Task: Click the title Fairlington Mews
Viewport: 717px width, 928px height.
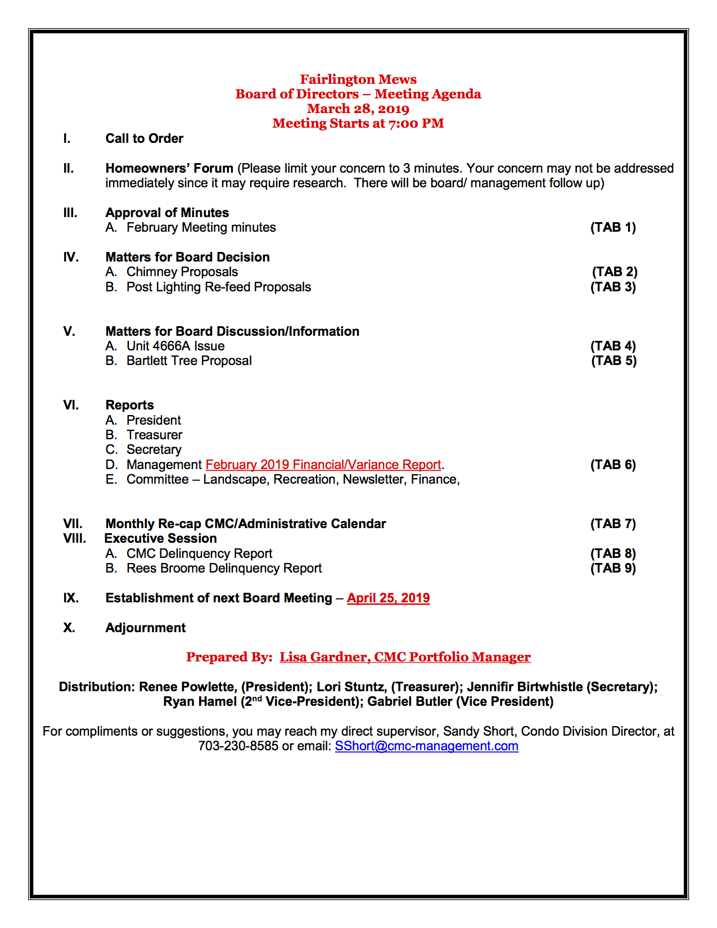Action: (x=358, y=79)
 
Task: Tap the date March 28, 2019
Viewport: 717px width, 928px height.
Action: (x=358, y=109)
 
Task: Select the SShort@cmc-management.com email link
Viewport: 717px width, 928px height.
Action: (x=426, y=746)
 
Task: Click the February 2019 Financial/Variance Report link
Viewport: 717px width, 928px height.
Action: (x=323, y=465)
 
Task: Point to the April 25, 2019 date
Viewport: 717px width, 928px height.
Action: (x=388, y=598)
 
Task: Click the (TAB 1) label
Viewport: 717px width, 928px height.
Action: (x=613, y=227)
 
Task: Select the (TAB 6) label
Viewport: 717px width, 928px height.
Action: (x=613, y=465)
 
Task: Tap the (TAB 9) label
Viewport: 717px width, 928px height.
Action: (x=613, y=568)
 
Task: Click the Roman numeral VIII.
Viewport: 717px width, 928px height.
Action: (x=75, y=538)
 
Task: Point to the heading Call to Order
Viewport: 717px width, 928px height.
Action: (x=145, y=138)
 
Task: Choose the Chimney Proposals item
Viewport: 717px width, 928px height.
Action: (x=182, y=272)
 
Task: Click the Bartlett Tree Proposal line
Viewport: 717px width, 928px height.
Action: (x=189, y=361)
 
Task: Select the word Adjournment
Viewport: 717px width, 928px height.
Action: (x=146, y=628)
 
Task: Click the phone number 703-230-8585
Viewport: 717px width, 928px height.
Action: (x=238, y=746)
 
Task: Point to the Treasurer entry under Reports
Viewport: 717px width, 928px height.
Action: (x=154, y=435)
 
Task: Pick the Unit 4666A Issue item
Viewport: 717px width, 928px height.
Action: (x=175, y=346)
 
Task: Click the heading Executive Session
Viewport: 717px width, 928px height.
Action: (x=161, y=538)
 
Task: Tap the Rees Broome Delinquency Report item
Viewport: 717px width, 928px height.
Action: (x=224, y=568)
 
